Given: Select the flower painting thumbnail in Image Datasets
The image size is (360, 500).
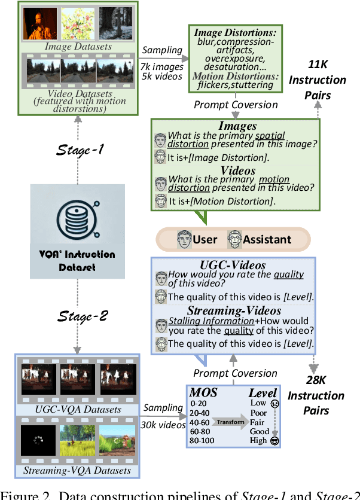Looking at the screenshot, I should point(78,23).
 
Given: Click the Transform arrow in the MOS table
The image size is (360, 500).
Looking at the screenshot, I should point(230,422).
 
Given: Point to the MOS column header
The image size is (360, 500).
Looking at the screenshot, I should point(203,393).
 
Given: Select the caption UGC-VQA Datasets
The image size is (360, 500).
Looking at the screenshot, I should point(78,410).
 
